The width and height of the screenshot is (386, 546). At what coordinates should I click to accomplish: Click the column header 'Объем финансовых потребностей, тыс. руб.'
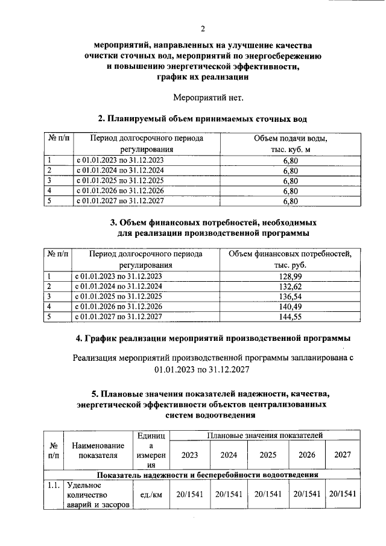pos(290,259)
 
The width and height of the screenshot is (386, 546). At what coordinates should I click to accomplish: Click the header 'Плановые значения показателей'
pos(264,434)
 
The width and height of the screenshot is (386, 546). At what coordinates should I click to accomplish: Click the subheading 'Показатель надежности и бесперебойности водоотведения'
pos(211,475)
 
